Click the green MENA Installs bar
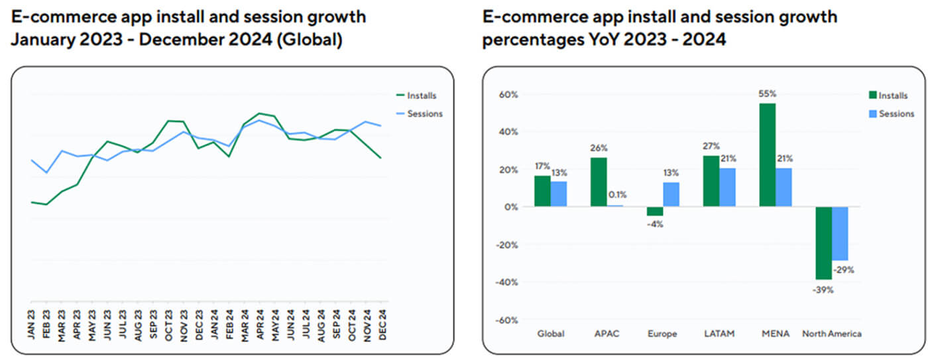click(x=768, y=155)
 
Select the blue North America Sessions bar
click(x=840, y=233)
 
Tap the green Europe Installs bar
click(x=655, y=211)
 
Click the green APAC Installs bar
click(x=599, y=182)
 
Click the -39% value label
click(x=823, y=290)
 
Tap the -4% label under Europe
click(x=655, y=224)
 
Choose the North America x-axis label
click(x=831, y=333)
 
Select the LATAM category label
click(x=719, y=333)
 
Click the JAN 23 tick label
click(x=32, y=324)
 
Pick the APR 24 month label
click(x=259, y=324)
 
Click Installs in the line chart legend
click(x=422, y=96)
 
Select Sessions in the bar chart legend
click(x=896, y=114)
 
